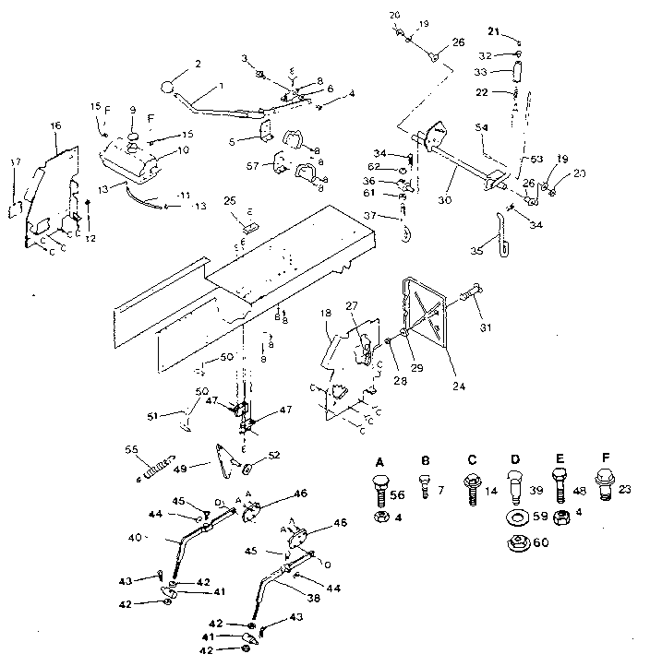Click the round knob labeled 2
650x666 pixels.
coord(167,89)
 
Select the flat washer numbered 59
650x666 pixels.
coord(515,516)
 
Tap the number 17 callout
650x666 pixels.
coord(13,162)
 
